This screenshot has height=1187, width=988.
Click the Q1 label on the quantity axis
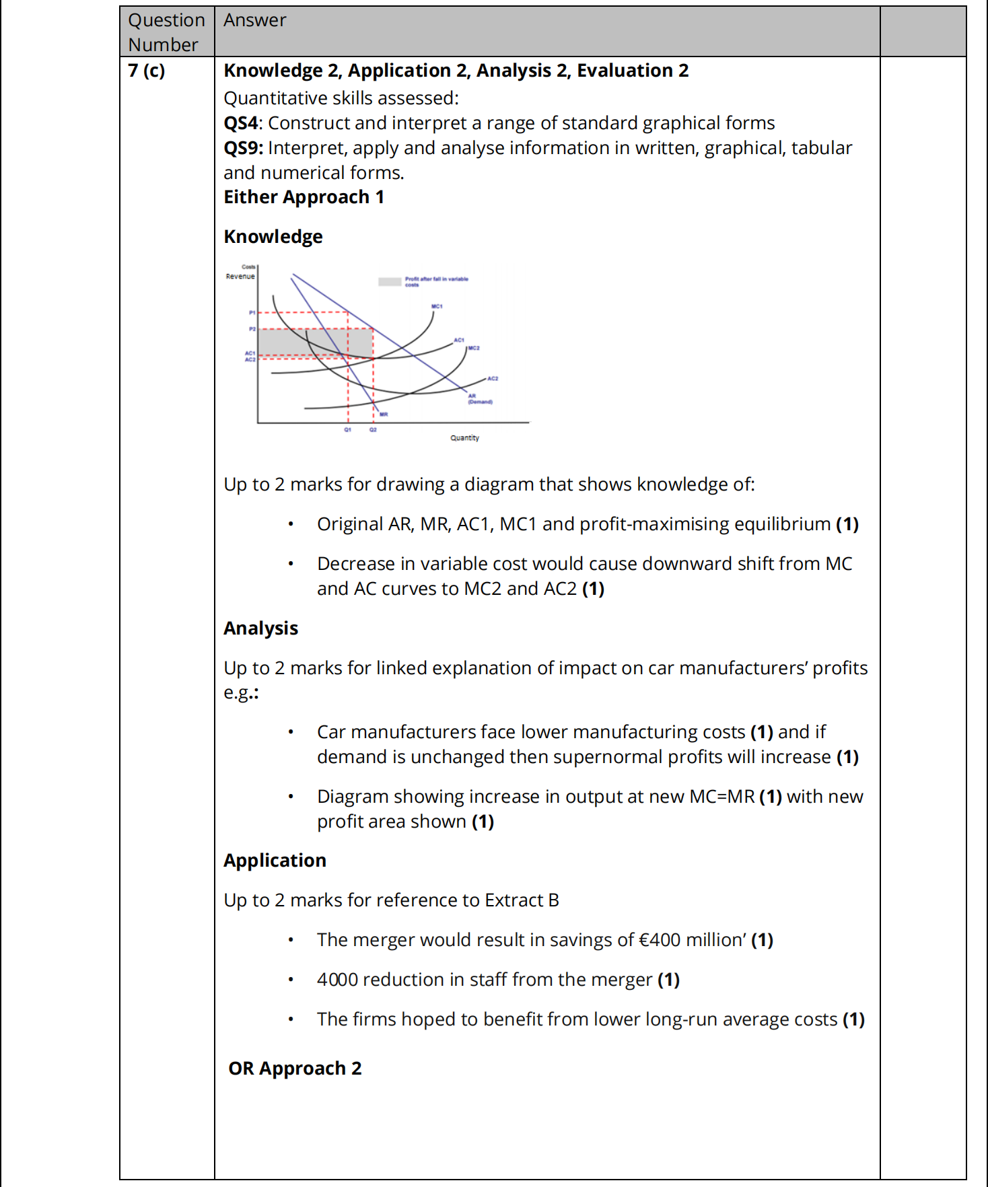coord(348,429)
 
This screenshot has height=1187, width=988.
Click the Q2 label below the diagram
coord(373,429)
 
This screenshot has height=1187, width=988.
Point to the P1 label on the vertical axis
coord(252,313)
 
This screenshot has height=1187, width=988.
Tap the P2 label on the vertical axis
coord(252,329)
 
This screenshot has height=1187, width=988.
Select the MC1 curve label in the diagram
coord(437,307)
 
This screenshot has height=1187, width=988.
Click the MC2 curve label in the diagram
coord(474,348)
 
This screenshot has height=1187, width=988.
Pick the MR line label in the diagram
coord(384,415)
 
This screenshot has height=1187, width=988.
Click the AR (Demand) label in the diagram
coord(480,399)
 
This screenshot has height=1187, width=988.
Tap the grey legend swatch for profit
coord(390,282)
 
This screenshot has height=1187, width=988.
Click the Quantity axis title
coord(464,438)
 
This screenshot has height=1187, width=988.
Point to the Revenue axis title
coord(240,277)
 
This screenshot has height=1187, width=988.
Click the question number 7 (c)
coord(147,71)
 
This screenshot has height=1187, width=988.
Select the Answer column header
coord(255,20)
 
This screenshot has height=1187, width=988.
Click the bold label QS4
coord(241,123)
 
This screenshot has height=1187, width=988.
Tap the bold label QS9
coord(242,148)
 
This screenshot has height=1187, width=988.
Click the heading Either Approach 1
coord(304,197)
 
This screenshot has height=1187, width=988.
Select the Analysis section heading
coord(260,628)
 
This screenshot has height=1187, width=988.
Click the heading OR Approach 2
coord(295,1069)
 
